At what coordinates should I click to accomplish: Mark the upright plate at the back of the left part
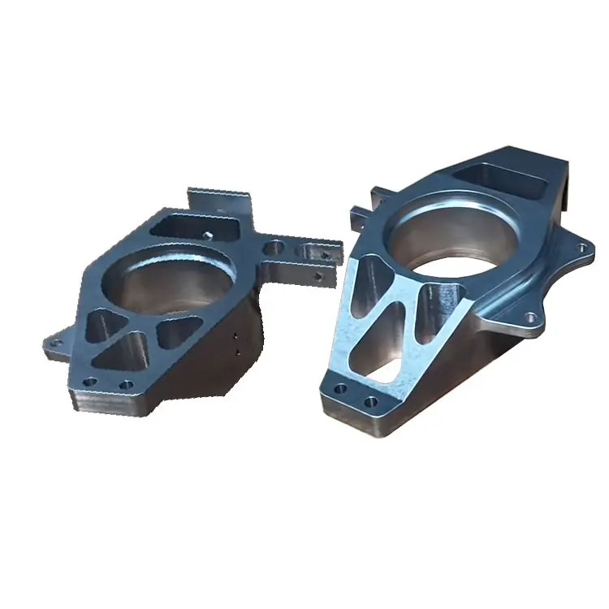pyautogui.click(x=220, y=199)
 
